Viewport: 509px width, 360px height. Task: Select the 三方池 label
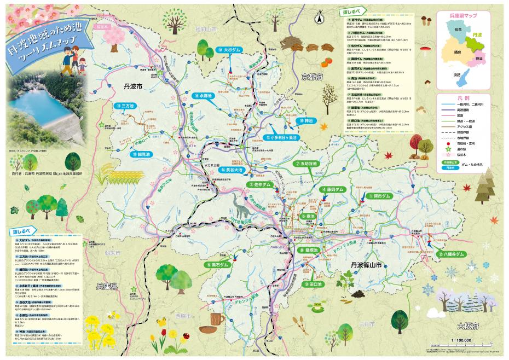[124, 106]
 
